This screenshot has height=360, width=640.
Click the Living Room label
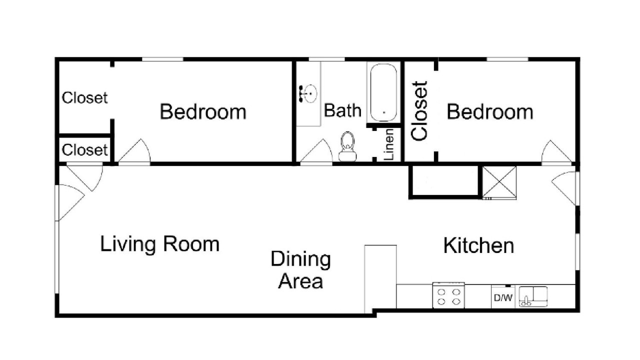(x=159, y=244)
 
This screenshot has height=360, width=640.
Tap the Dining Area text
(x=300, y=270)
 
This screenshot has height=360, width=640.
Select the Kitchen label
(x=478, y=245)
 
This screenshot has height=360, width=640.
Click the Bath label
(x=342, y=110)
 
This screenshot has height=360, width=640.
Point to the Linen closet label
(x=389, y=144)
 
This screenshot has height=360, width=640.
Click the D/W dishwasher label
(x=503, y=297)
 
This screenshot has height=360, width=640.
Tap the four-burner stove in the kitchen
(x=448, y=295)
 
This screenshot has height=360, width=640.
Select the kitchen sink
(x=533, y=296)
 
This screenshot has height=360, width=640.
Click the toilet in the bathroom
(x=347, y=146)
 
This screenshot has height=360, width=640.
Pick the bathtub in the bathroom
(x=383, y=93)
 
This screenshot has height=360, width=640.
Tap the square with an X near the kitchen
(x=499, y=182)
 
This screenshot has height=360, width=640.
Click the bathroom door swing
(x=316, y=150)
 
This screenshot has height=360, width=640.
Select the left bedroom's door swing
(x=134, y=150)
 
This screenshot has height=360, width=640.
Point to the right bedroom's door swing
(x=556, y=151)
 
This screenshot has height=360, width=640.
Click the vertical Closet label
(x=419, y=111)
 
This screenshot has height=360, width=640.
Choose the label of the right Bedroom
(x=489, y=111)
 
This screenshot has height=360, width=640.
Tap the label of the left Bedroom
(x=203, y=111)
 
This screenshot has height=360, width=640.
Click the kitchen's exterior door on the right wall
(x=564, y=188)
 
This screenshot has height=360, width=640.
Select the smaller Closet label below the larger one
(x=84, y=149)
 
